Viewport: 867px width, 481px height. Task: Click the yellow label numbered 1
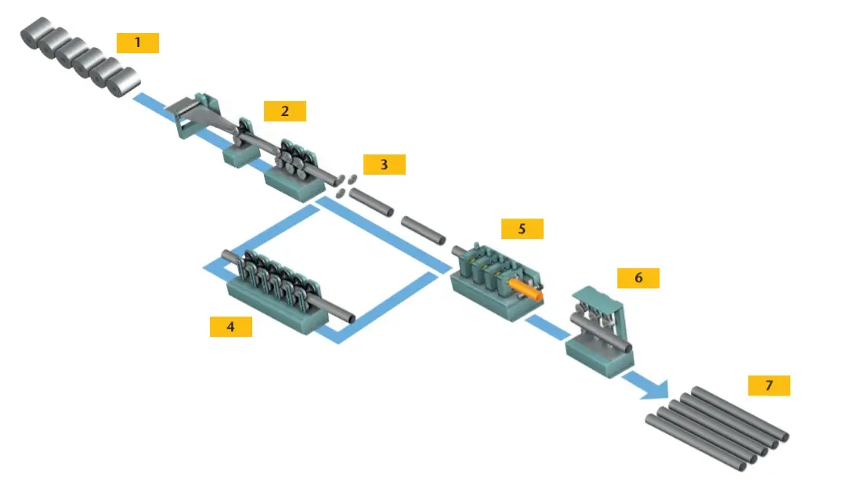[x=138, y=42]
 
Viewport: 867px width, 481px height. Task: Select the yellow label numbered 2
[x=284, y=111]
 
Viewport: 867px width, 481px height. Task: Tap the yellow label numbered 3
[x=384, y=165]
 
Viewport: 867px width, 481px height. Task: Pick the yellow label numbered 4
[x=230, y=327]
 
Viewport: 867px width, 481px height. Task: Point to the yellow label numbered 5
[x=522, y=228]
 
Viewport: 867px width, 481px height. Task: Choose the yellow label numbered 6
[x=638, y=277]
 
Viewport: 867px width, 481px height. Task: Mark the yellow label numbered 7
[x=768, y=385]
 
